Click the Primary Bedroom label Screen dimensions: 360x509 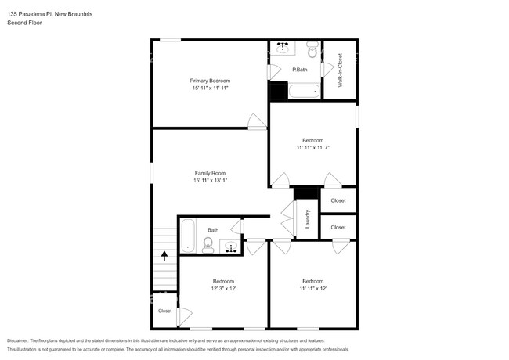pos(210,81)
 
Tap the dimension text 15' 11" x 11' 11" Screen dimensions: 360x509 pos(210,88)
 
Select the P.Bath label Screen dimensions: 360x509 pos(298,70)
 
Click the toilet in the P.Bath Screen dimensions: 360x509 pos(312,52)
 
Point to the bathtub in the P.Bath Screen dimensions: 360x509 pos(305,91)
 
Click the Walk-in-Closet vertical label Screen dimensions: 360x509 pos(340,70)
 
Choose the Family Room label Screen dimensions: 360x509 pos(210,173)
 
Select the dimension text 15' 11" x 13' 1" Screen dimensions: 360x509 pos(210,181)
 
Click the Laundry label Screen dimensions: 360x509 pos(309,218)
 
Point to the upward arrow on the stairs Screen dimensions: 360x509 pos(164,254)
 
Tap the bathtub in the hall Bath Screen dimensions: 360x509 pos(188,236)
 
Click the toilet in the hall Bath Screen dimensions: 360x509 pos(208,246)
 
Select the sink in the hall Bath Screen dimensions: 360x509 pos(232,247)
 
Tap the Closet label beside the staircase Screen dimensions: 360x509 pos(164,311)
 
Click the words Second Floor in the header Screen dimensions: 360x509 pos(24,23)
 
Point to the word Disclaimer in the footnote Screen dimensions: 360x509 pos(21,341)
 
